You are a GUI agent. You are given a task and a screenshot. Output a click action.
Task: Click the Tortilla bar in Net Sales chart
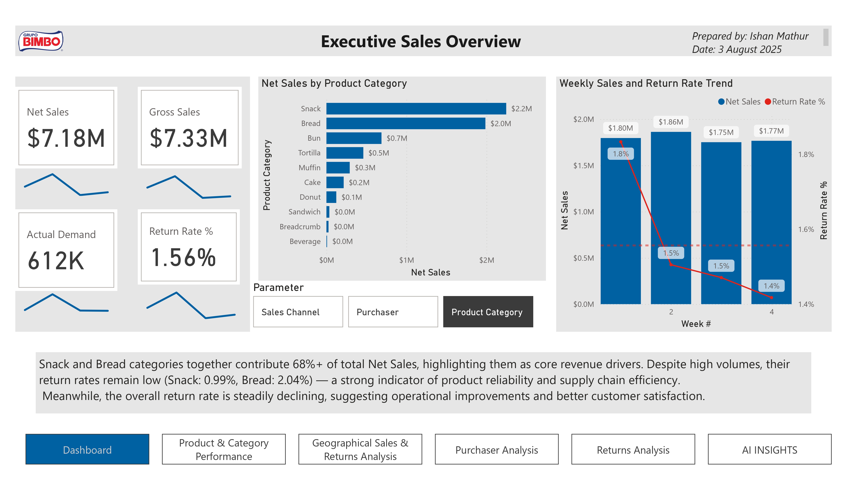tap(345, 153)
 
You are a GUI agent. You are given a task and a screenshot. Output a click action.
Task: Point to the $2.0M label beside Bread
tap(500, 124)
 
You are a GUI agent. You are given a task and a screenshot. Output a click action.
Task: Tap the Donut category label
tap(310, 197)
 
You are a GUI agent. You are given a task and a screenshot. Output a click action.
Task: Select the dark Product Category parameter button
tap(488, 312)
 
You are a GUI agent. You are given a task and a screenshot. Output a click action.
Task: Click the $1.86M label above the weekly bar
tap(670, 122)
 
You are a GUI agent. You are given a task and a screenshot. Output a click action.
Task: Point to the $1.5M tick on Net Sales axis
tap(584, 165)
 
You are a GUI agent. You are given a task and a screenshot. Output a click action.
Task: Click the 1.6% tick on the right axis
tap(806, 229)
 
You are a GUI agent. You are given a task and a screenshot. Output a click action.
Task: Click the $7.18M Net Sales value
tap(66, 138)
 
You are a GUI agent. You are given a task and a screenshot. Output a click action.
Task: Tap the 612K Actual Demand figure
tap(56, 261)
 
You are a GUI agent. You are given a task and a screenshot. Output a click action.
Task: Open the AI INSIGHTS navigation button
tap(769, 450)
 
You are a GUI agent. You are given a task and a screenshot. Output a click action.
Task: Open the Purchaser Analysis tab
tap(496, 450)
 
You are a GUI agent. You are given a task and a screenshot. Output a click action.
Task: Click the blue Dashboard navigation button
tap(87, 450)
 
